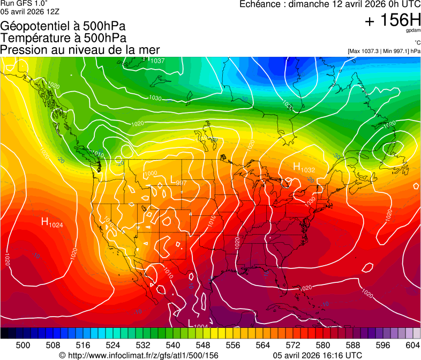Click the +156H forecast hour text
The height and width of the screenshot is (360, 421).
point(392,20)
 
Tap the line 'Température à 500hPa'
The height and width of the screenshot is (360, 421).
point(63,37)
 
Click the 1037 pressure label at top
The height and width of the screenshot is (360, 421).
point(157,61)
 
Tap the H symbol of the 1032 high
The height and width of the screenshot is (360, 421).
point(296,167)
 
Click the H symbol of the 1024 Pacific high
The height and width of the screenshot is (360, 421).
point(45,221)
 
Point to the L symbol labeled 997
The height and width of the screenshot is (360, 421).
point(172,179)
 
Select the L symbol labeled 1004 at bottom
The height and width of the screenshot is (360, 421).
point(191,322)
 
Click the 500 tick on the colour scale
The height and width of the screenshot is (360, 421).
point(23,345)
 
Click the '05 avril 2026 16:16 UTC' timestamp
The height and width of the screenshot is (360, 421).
point(317,355)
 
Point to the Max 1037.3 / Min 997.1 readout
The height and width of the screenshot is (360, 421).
point(384,51)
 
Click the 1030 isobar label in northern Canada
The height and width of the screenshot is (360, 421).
point(155,98)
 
